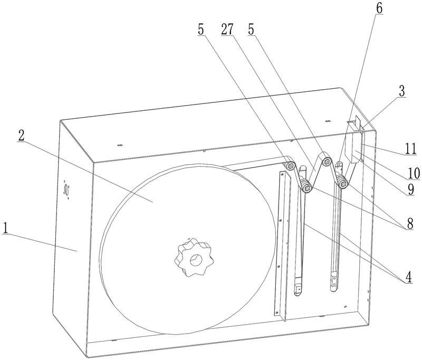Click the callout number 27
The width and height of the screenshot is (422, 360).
click(227, 29)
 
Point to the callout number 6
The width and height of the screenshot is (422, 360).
click(379, 8)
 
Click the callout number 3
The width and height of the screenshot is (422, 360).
click(401, 91)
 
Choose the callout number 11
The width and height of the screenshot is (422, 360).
click(411, 149)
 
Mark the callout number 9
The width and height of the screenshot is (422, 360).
click(410, 190)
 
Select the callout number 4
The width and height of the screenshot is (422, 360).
click(408, 277)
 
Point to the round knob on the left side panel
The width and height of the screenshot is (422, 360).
click(66, 190)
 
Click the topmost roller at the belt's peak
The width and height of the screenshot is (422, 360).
click(327, 162)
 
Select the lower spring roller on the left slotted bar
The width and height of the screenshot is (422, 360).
click(306, 187)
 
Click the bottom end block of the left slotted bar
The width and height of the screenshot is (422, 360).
click(298, 289)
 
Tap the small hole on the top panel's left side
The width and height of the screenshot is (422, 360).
click(120, 145)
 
